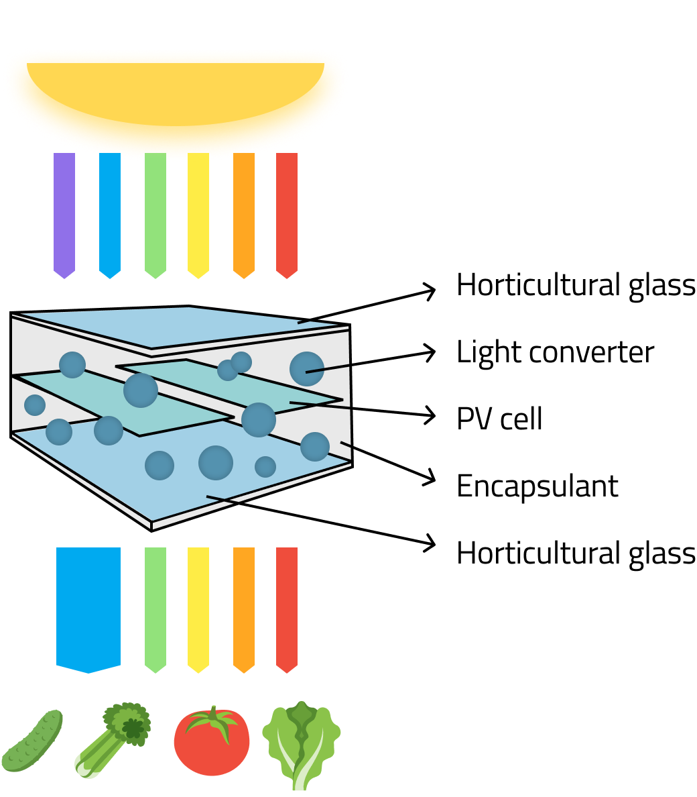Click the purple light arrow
[64, 213]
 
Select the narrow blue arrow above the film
[110, 213]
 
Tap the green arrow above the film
[155, 213]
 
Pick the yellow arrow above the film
[198, 213]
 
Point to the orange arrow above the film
[244, 213]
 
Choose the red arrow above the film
[287, 213]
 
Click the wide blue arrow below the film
[88, 608]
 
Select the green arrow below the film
[155, 608]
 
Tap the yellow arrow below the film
[198, 608]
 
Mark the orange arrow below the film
[244, 608]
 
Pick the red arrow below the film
[287, 608]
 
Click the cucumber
[32, 742]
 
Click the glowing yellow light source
[176, 94]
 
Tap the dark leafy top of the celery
[129, 723]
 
